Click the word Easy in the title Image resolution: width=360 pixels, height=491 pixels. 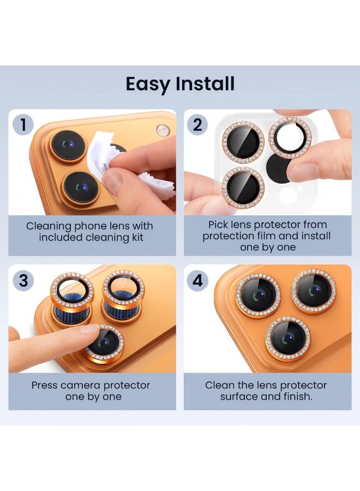point(148,85)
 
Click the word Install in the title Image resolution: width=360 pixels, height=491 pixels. point(205,83)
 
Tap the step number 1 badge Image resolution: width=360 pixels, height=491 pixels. point(23,124)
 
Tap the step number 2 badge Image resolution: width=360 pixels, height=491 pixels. point(197,125)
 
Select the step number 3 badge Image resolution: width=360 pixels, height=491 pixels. point(23,280)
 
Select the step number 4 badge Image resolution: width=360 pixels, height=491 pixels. point(197,280)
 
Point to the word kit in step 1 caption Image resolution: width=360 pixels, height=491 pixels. point(137,237)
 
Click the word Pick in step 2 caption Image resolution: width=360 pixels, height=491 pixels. point(218,225)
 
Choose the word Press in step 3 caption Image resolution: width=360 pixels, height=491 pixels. point(44,385)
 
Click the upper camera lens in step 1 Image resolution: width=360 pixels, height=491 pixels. point(68,146)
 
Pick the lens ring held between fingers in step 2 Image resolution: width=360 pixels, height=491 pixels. point(290,138)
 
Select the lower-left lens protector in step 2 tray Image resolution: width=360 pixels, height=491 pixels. point(243,188)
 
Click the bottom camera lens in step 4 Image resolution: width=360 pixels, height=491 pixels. point(288,339)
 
